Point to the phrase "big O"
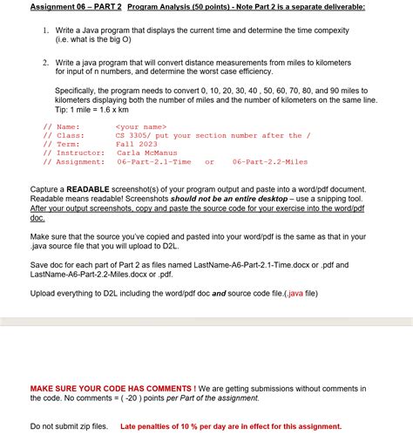click(x=119, y=39)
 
